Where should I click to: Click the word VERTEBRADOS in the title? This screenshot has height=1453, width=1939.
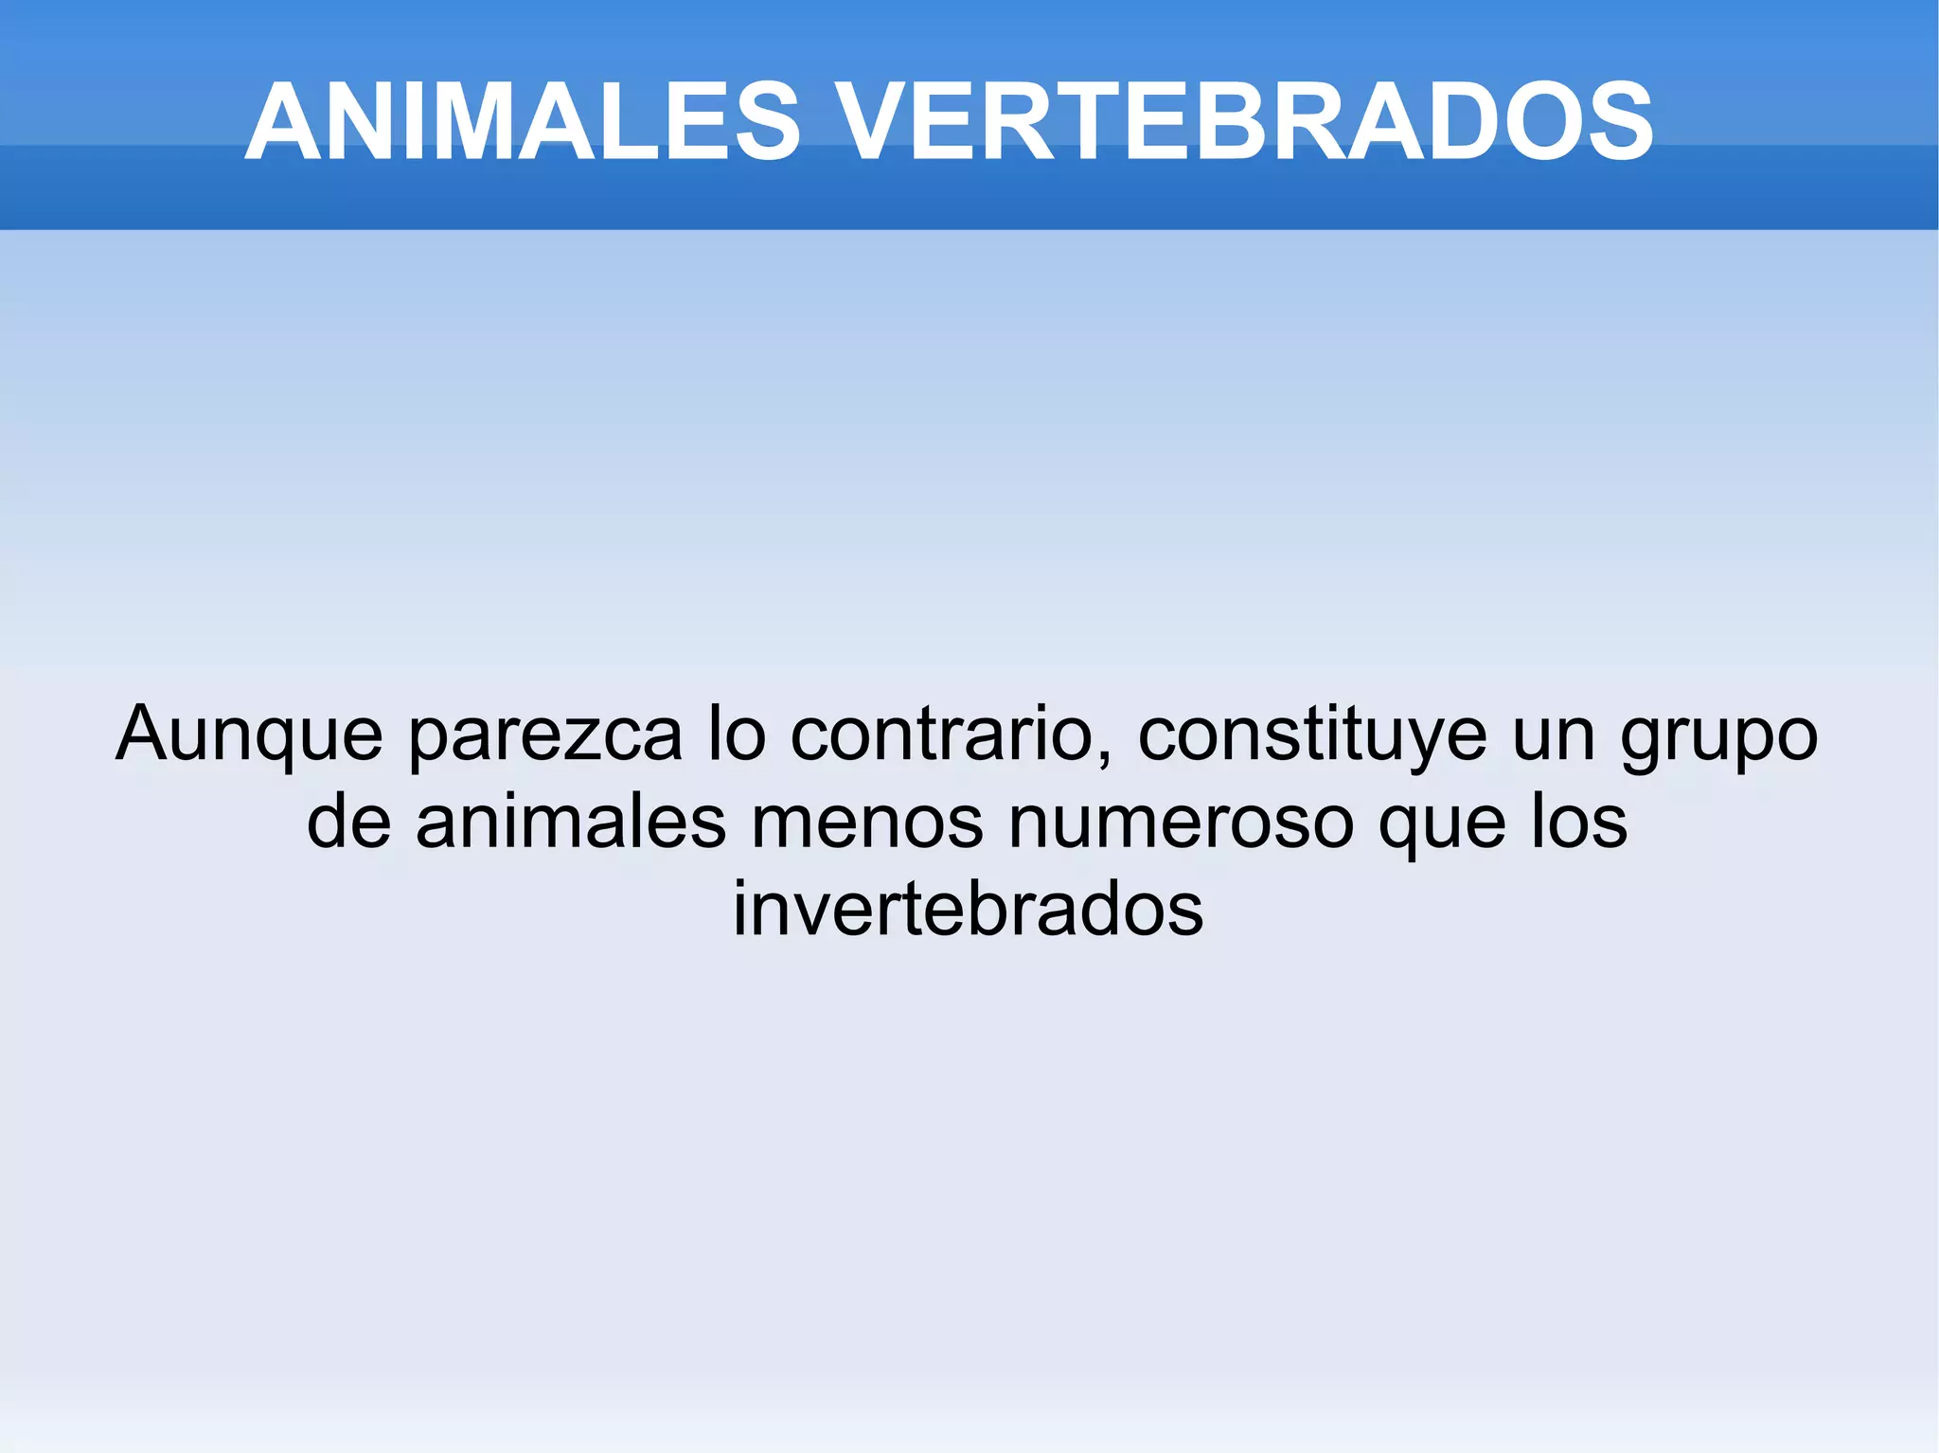pos(1246,122)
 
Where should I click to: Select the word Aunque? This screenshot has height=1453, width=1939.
pos(249,735)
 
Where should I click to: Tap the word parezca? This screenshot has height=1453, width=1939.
pos(545,735)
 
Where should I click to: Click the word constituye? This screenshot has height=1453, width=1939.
pos(1312,735)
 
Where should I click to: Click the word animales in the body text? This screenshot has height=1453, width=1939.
pos(570,822)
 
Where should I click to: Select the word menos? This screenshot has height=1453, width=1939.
pos(867,822)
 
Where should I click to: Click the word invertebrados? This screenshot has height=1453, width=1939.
pos(968,909)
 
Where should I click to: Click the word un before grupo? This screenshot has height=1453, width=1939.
pos(1552,735)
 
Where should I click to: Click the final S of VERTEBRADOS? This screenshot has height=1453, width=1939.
pos(1621,122)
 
